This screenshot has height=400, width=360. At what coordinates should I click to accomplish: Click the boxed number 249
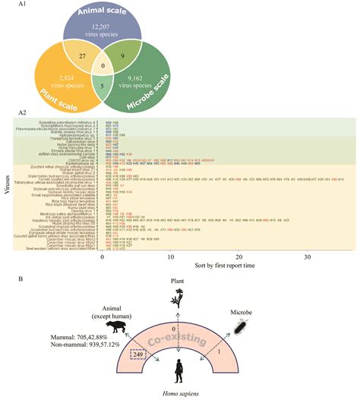click(x=137, y=354)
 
